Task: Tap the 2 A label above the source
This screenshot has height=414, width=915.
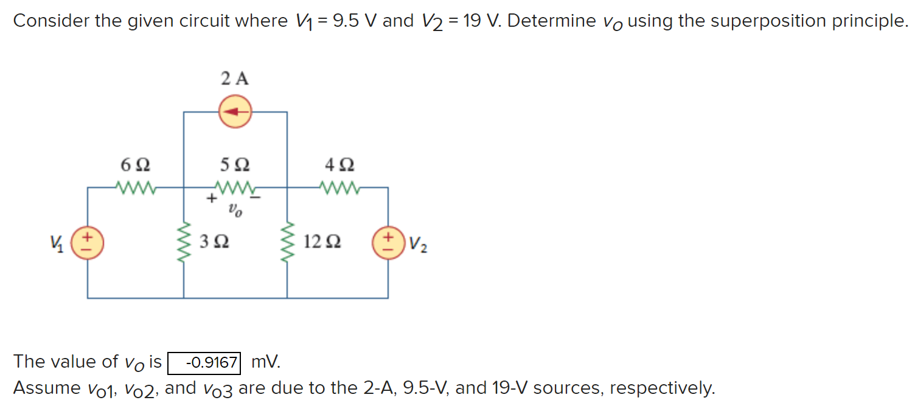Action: [235, 79]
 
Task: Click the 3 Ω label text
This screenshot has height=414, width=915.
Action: [214, 242]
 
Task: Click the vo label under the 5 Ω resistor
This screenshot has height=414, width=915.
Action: [235, 212]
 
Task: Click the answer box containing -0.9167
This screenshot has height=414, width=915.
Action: [204, 363]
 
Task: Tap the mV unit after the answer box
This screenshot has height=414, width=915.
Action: [266, 362]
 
